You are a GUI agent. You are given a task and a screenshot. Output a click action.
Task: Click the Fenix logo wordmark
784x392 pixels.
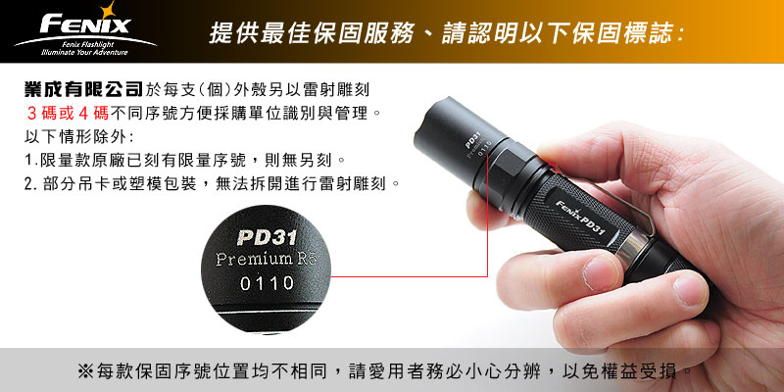[85, 24]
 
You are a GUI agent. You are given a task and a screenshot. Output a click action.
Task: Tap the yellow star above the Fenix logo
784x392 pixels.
[107, 10]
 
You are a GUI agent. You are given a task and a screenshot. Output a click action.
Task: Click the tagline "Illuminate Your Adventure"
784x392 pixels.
[84, 53]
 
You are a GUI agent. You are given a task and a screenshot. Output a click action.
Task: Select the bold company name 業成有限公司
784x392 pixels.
[83, 89]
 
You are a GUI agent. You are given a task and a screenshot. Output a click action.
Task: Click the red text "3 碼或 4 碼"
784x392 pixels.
[68, 114]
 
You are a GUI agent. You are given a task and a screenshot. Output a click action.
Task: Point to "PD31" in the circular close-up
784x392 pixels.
[267, 237]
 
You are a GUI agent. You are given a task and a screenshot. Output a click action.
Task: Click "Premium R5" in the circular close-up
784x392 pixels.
[266, 260]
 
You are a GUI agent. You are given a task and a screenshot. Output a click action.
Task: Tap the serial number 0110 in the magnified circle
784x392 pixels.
[267, 283]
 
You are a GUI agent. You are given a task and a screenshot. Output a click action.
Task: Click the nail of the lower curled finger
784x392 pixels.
[691, 289]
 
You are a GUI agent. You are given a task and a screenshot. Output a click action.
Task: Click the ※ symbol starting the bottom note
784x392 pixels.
[85, 371]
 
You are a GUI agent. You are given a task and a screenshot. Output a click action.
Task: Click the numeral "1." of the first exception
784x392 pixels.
[30, 161]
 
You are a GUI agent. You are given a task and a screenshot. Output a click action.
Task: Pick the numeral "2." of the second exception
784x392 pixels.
[30, 184]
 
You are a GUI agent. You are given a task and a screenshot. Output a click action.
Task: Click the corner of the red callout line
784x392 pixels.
[487, 276]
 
